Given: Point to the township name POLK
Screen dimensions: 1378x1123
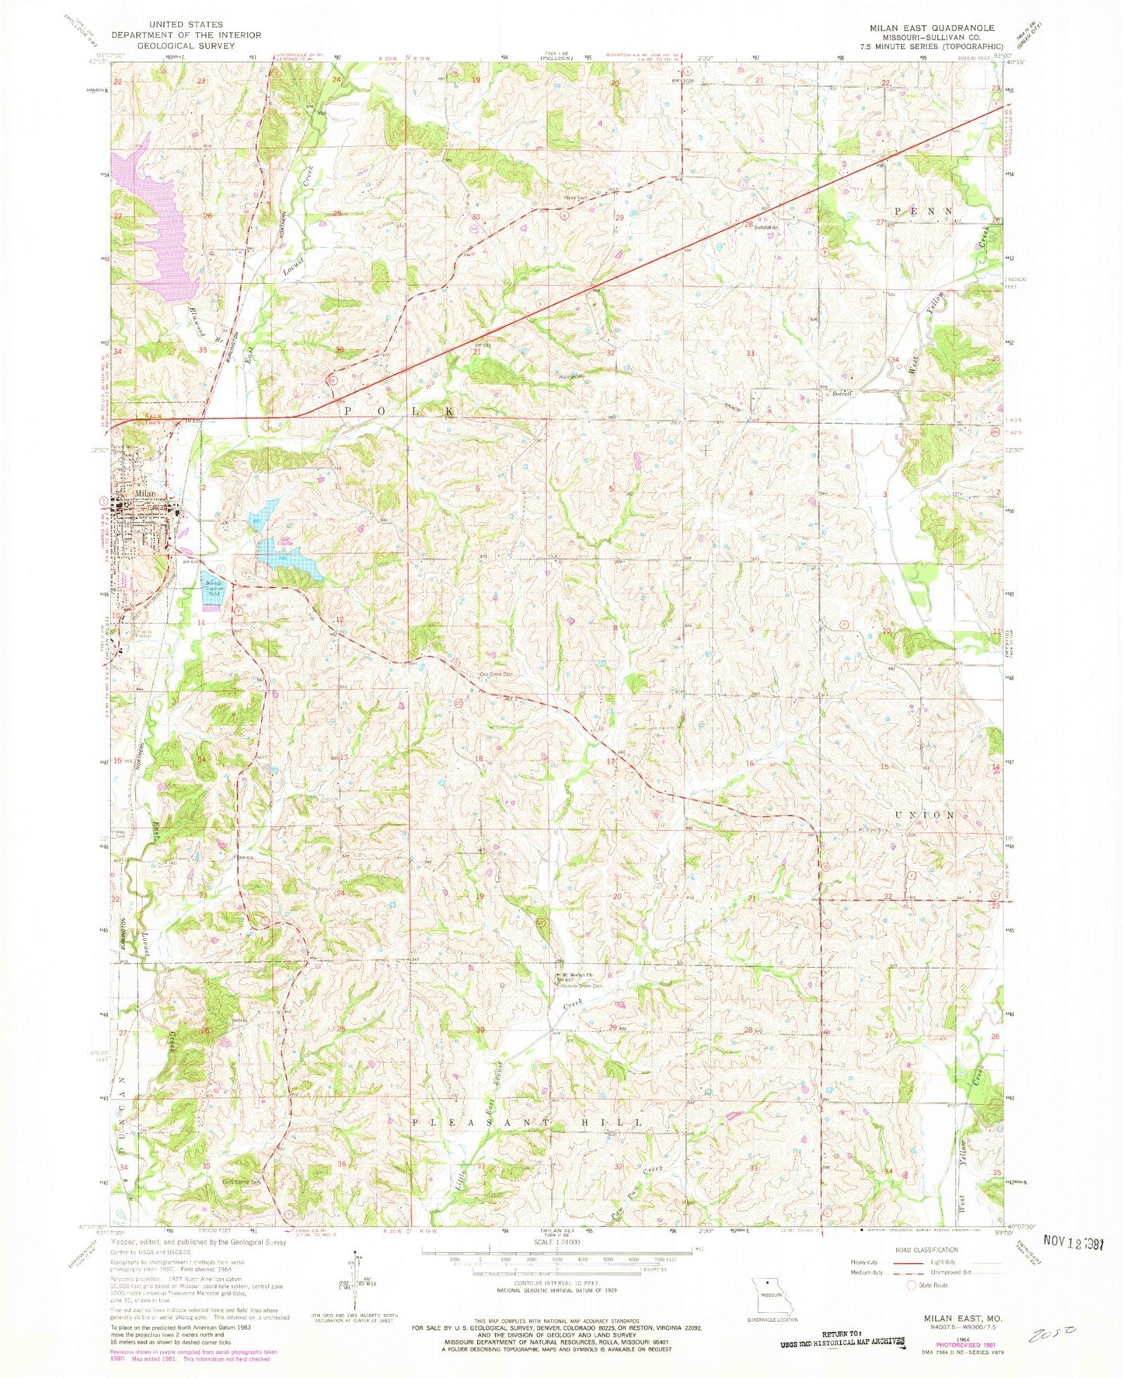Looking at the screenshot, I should coord(396,410).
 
